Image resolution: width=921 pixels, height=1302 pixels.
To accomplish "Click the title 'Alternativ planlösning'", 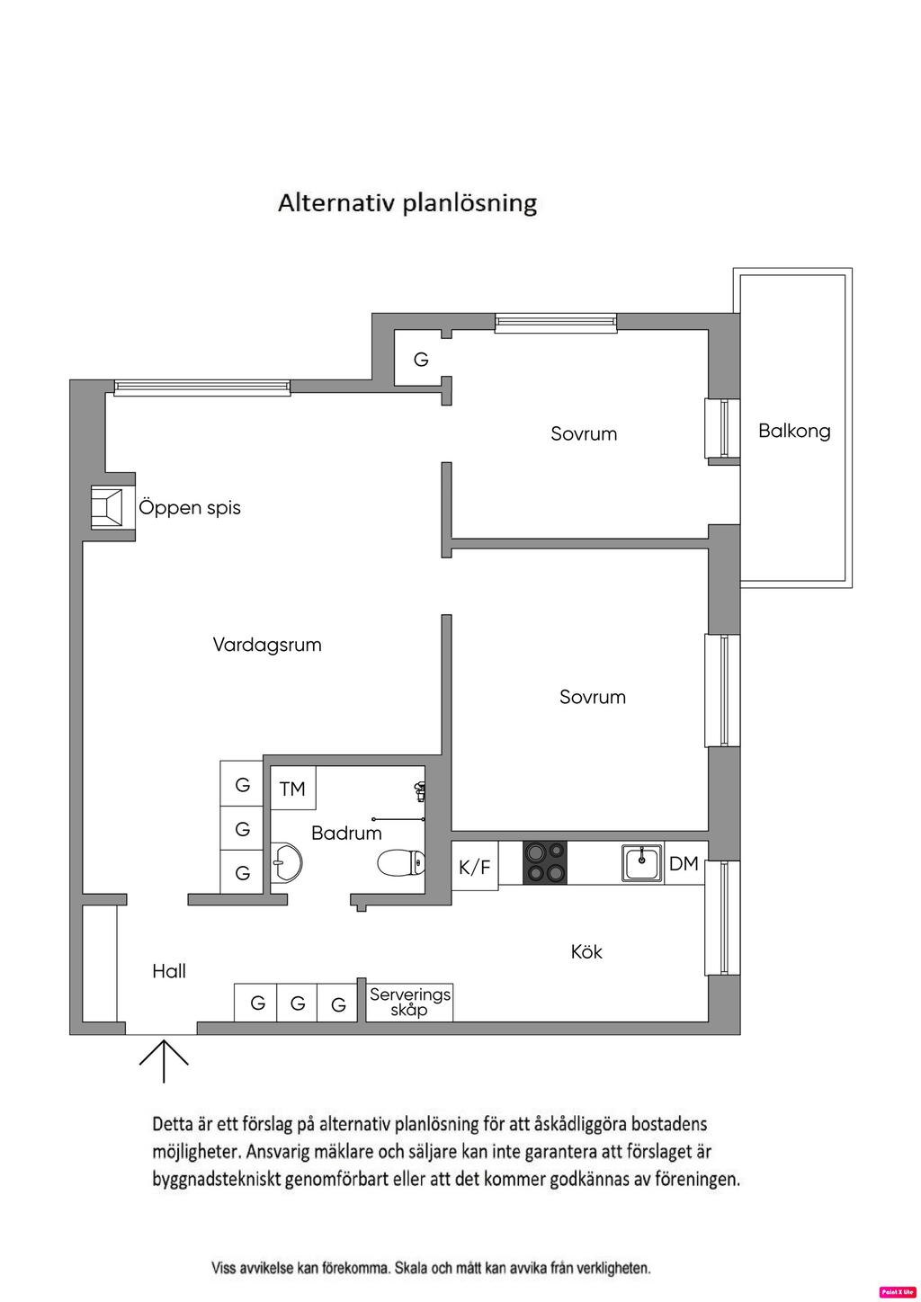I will pyautogui.click(x=407, y=202).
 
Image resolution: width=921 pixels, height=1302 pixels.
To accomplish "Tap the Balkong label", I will pyautogui.click(x=794, y=431).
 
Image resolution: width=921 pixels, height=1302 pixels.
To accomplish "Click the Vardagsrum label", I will pyautogui.click(x=267, y=645).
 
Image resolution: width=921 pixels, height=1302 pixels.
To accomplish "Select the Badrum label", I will pyautogui.click(x=346, y=834).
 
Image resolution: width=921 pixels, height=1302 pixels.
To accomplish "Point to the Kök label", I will pyautogui.click(x=586, y=951).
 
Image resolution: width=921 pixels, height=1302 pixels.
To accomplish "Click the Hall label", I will pyautogui.click(x=169, y=971).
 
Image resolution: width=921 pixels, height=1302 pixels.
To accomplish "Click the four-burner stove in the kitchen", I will pyautogui.click(x=545, y=861).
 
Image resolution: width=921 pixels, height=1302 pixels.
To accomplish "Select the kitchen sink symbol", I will pyautogui.click(x=641, y=862).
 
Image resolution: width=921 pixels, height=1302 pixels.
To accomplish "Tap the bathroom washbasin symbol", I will pyautogui.click(x=286, y=862).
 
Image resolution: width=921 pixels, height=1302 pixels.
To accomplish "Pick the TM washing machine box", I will pyautogui.click(x=292, y=789).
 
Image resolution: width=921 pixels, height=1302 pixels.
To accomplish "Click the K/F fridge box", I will pyautogui.click(x=474, y=867).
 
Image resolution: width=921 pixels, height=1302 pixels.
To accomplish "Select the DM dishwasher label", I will pyautogui.click(x=684, y=863).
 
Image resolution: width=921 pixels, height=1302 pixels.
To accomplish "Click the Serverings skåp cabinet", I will pyautogui.click(x=409, y=1002).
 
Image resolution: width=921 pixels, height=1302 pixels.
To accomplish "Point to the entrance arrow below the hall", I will pyautogui.click(x=164, y=1061).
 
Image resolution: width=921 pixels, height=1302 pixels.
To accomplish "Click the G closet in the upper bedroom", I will pyautogui.click(x=421, y=360).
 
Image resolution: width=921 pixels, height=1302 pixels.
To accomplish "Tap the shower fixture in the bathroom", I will pyautogui.click(x=419, y=792).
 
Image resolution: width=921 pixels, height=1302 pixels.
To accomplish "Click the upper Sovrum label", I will pyautogui.click(x=584, y=433).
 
